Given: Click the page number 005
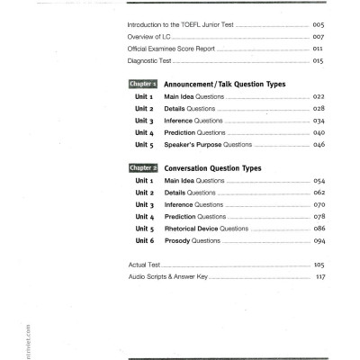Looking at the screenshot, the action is point(318,24).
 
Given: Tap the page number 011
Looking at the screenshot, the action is point(318,49).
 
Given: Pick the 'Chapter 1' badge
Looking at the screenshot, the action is point(144,85).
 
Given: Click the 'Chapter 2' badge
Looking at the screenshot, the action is point(144,168).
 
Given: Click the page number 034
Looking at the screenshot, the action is point(319,121).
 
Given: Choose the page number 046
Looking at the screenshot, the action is point(319,144).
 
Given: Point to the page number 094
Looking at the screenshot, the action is point(319,241).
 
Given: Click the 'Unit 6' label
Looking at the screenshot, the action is point(147,241).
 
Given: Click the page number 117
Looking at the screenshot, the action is point(319,277).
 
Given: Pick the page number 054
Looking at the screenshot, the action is point(319,181).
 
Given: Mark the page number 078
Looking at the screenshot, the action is point(319,217).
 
